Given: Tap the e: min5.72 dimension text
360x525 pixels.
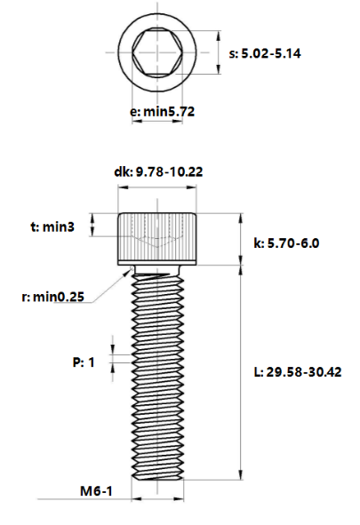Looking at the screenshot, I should (x=162, y=112).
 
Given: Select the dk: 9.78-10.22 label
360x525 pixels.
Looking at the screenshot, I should (x=158, y=171).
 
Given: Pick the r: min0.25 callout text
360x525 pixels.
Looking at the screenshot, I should (x=54, y=297).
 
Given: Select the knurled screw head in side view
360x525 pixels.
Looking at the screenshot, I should (x=158, y=238).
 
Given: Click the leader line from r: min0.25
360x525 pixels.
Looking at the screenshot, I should (x=114, y=282).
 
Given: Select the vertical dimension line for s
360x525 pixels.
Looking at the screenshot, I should (x=219, y=53).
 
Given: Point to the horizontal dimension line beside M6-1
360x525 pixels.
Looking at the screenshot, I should (x=158, y=497).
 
